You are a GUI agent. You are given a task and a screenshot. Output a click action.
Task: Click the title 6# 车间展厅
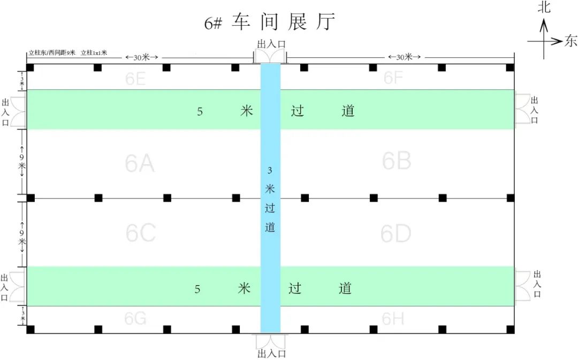pyautogui.click(x=270, y=22)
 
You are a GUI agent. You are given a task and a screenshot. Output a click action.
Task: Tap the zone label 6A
pyautogui.click(x=139, y=163)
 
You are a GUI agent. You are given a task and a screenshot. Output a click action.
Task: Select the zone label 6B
pyautogui.click(x=396, y=160)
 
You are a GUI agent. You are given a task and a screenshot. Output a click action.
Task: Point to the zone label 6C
pyautogui.click(x=140, y=233)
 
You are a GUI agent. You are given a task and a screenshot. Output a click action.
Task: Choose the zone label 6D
pyautogui.click(x=396, y=234)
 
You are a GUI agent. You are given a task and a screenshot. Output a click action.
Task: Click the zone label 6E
pyautogui.click(x=135, y=79)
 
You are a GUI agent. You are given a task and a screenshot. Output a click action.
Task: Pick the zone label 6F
pyautogui.click(x=393, y=78)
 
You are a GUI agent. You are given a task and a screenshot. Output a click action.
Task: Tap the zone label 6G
pyautogui.click(x=135, y=318)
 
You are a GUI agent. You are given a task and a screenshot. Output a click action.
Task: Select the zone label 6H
pyautogui.click(x=393, y=319)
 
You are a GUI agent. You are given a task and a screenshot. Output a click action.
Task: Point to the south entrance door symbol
pyautogui.click(x=270, y=341)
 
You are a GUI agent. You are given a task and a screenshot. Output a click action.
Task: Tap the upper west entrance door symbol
pyautogui.click(x=18, y=112)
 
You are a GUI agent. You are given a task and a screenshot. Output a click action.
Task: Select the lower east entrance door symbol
pyautogui.click(x=523, y=286)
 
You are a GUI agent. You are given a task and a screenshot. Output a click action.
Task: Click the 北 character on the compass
pyautogui.click(x=544, y=6)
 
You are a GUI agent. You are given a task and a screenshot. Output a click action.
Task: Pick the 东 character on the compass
pyautogui.click(x=571, y=41)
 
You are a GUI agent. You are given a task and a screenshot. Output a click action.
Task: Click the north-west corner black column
pyautogui.click(x=30, y=67)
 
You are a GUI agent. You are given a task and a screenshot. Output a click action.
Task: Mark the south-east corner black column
pyautogui.click(x=511, y=330)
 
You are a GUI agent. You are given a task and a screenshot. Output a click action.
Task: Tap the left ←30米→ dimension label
pyautogui.click(x=141, y=57)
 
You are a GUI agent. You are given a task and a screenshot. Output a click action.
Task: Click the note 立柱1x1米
pyautogui.click(x=94, y=53)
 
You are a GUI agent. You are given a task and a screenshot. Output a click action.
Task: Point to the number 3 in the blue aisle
pyautogui.click(x=269, y=170)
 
